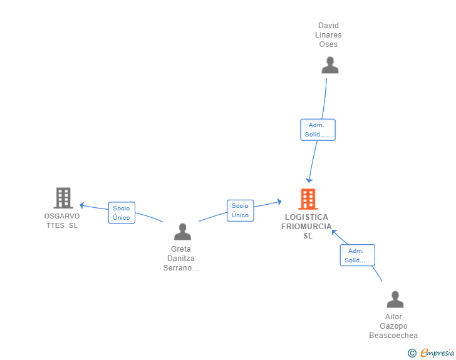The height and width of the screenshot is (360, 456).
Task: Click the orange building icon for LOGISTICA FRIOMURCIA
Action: click(308, 199)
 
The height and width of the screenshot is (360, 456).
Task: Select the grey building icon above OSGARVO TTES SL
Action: click(63, 198)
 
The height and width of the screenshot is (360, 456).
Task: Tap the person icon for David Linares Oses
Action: click(330, 65)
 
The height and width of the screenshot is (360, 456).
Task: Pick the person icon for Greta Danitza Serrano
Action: click(183, 232)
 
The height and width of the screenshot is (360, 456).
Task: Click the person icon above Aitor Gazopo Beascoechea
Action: click(395, 299)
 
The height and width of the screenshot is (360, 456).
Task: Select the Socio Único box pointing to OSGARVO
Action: click(122, 213)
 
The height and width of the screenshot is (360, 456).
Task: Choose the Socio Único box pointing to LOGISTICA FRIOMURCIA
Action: click(241, 210)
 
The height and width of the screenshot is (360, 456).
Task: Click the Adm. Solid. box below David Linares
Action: click(318, 130)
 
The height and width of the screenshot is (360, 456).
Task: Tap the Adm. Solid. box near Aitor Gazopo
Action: click(358, 255)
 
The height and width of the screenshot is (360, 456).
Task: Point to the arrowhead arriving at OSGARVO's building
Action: click(81, 205)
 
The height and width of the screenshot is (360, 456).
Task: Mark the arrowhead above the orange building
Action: click(309, 180)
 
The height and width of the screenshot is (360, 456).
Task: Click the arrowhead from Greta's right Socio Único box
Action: click(279, 202)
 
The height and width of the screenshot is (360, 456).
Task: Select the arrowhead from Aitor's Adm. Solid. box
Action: click(334, 232)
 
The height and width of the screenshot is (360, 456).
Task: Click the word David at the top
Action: click(328, 26)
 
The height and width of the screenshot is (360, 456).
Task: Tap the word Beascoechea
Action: click(393, 336)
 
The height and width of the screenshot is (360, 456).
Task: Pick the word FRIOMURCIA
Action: click(306, 227)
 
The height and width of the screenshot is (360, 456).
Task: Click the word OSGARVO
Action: click(62, 216)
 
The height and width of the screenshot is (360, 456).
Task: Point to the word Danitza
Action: click(181, 259)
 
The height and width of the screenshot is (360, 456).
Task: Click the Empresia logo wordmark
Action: click(437, 352)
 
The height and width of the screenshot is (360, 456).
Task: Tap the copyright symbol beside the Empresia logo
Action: click(412, 353)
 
